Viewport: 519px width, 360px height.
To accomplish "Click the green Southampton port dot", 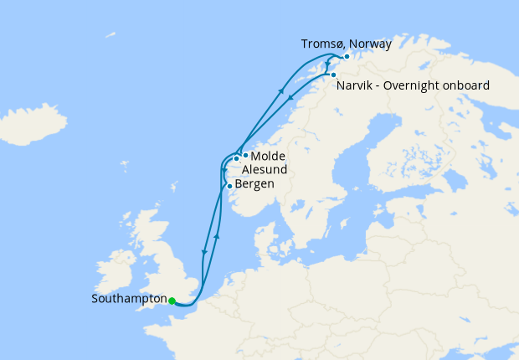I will coord(171,301).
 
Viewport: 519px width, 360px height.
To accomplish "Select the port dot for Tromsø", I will coord(347,56).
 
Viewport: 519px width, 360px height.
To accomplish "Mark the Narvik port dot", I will coord(333,75).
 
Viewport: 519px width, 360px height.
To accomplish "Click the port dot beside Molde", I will coord(244,155).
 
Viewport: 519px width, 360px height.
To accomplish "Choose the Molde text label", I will coord(268,156).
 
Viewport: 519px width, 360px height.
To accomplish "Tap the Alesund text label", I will coord(265,170).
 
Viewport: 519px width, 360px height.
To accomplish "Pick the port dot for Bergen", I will coord(229,186).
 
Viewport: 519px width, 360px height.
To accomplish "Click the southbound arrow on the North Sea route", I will coord(203,250).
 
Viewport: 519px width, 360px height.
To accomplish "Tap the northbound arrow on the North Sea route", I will coord(217,236).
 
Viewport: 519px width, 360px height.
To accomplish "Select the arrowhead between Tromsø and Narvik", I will coord(327,64).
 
